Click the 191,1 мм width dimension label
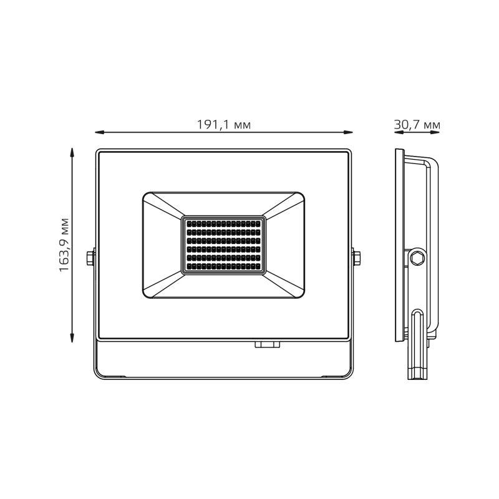tap(223, 125)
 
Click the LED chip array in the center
tap(223, 245)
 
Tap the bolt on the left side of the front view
tap(91, 257)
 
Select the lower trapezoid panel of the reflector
tap(223, 286)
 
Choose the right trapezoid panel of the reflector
tap(284, 245)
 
